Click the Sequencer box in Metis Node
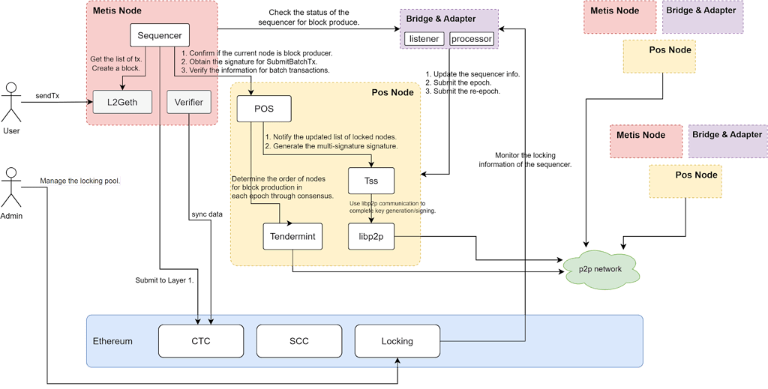(x=160, y=36)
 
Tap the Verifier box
(x=188, y=102)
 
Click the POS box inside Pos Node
(x=263, y=109)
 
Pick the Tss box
(x=371, y=181)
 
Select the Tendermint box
(x=293, y=236)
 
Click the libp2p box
(x=371, y=236)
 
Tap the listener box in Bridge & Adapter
(x=424, y=38)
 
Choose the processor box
(x=472, y=38)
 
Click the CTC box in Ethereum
(x=200, y=341)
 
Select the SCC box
(x=298, y=341)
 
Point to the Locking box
(x=397, y=341)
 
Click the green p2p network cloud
(x=601, y=269)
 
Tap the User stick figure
(x=10, y=103)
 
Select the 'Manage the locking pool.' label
(x=80, y=181)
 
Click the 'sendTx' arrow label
(x=47, y=96)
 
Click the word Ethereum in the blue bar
(x=112, y=341)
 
